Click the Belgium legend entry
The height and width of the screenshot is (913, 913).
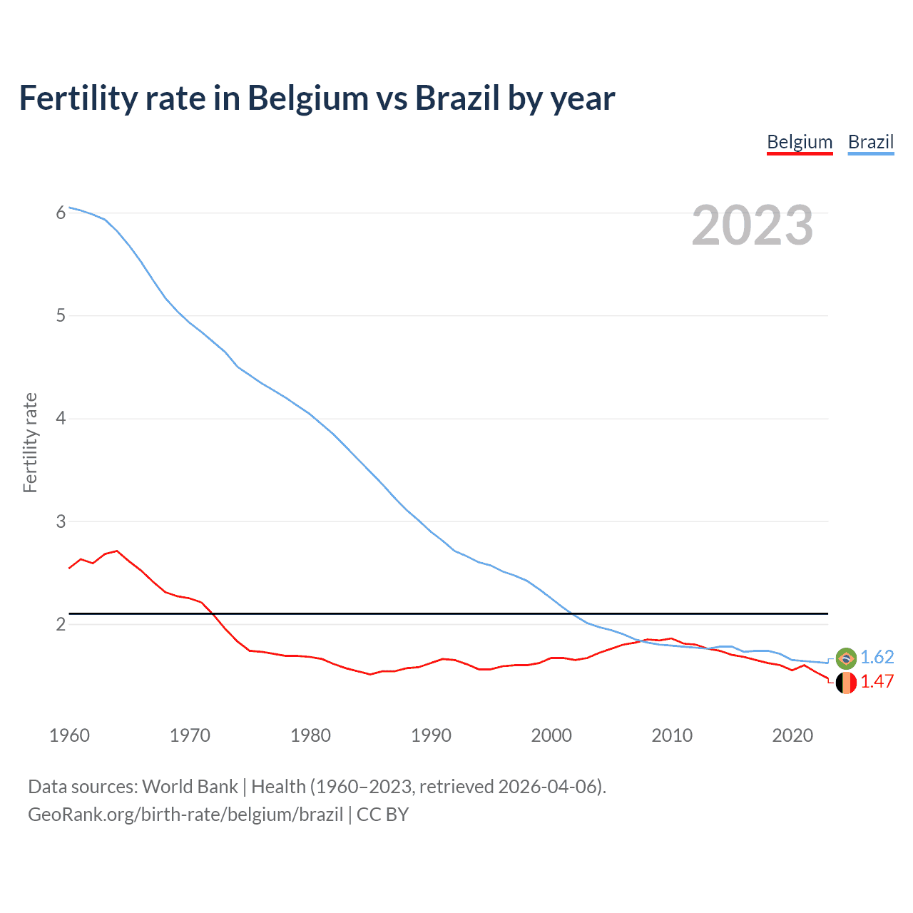(x=800, y=142)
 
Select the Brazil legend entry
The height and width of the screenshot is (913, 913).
(x=870, y=142)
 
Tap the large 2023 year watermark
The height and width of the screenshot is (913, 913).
(x=753, y=225)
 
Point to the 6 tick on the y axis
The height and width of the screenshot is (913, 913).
(x=61, y=213)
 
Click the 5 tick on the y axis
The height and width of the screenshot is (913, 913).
(x=61, y=315)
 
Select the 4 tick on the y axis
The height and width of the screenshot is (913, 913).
(x=61, y=418)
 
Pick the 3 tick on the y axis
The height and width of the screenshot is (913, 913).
(x=61, y=521)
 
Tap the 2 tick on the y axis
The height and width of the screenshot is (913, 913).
(x=61, y=624)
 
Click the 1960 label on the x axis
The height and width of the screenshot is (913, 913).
(x=69, y=735)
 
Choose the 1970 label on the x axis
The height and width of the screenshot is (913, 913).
(x=190, y=735)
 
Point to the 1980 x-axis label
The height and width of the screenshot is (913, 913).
(x=310, y=735)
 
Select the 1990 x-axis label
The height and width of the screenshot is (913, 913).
(x=431, y=735)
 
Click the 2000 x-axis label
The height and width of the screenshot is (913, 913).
(x=551, y=735)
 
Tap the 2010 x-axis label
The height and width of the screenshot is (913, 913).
(x=672, y=735)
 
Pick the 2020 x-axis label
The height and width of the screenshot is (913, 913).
(x=792, y=735)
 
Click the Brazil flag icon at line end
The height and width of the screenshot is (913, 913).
(x=846, y=658)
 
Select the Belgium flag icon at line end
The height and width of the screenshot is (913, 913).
(x=846, y=683)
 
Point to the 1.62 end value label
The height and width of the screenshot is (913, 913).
(x=877, y=657)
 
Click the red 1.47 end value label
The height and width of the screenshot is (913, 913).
(x=877, y=681)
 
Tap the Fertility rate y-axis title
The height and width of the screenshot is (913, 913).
(x=30, y=442)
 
